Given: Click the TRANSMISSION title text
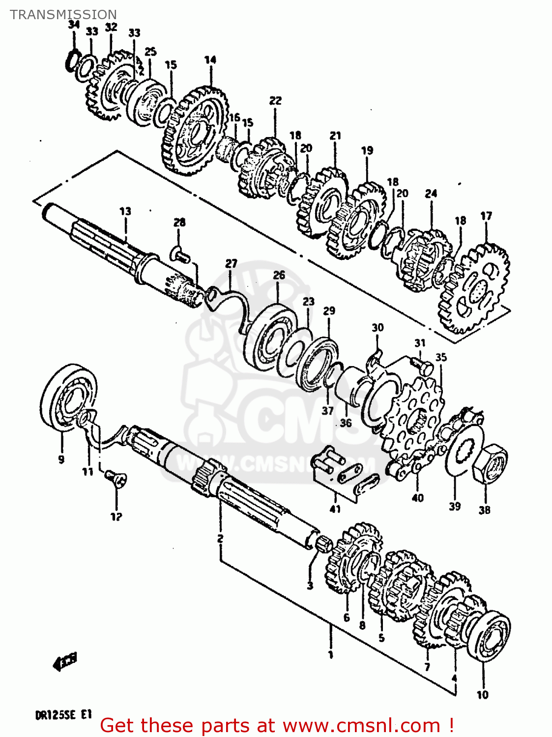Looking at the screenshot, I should tap(63, 15).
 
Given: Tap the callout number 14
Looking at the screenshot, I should tap(210, 60).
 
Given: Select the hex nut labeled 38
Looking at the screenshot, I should tap(490, 462).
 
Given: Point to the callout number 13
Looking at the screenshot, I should tap(125, 211).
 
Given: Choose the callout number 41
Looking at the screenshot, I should tap(335, 509).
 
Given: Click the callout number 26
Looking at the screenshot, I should tap(279, 275).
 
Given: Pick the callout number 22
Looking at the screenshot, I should tap(275, 101).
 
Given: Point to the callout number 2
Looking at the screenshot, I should tap(220, 539).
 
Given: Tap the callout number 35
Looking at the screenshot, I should tap(441, 357).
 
